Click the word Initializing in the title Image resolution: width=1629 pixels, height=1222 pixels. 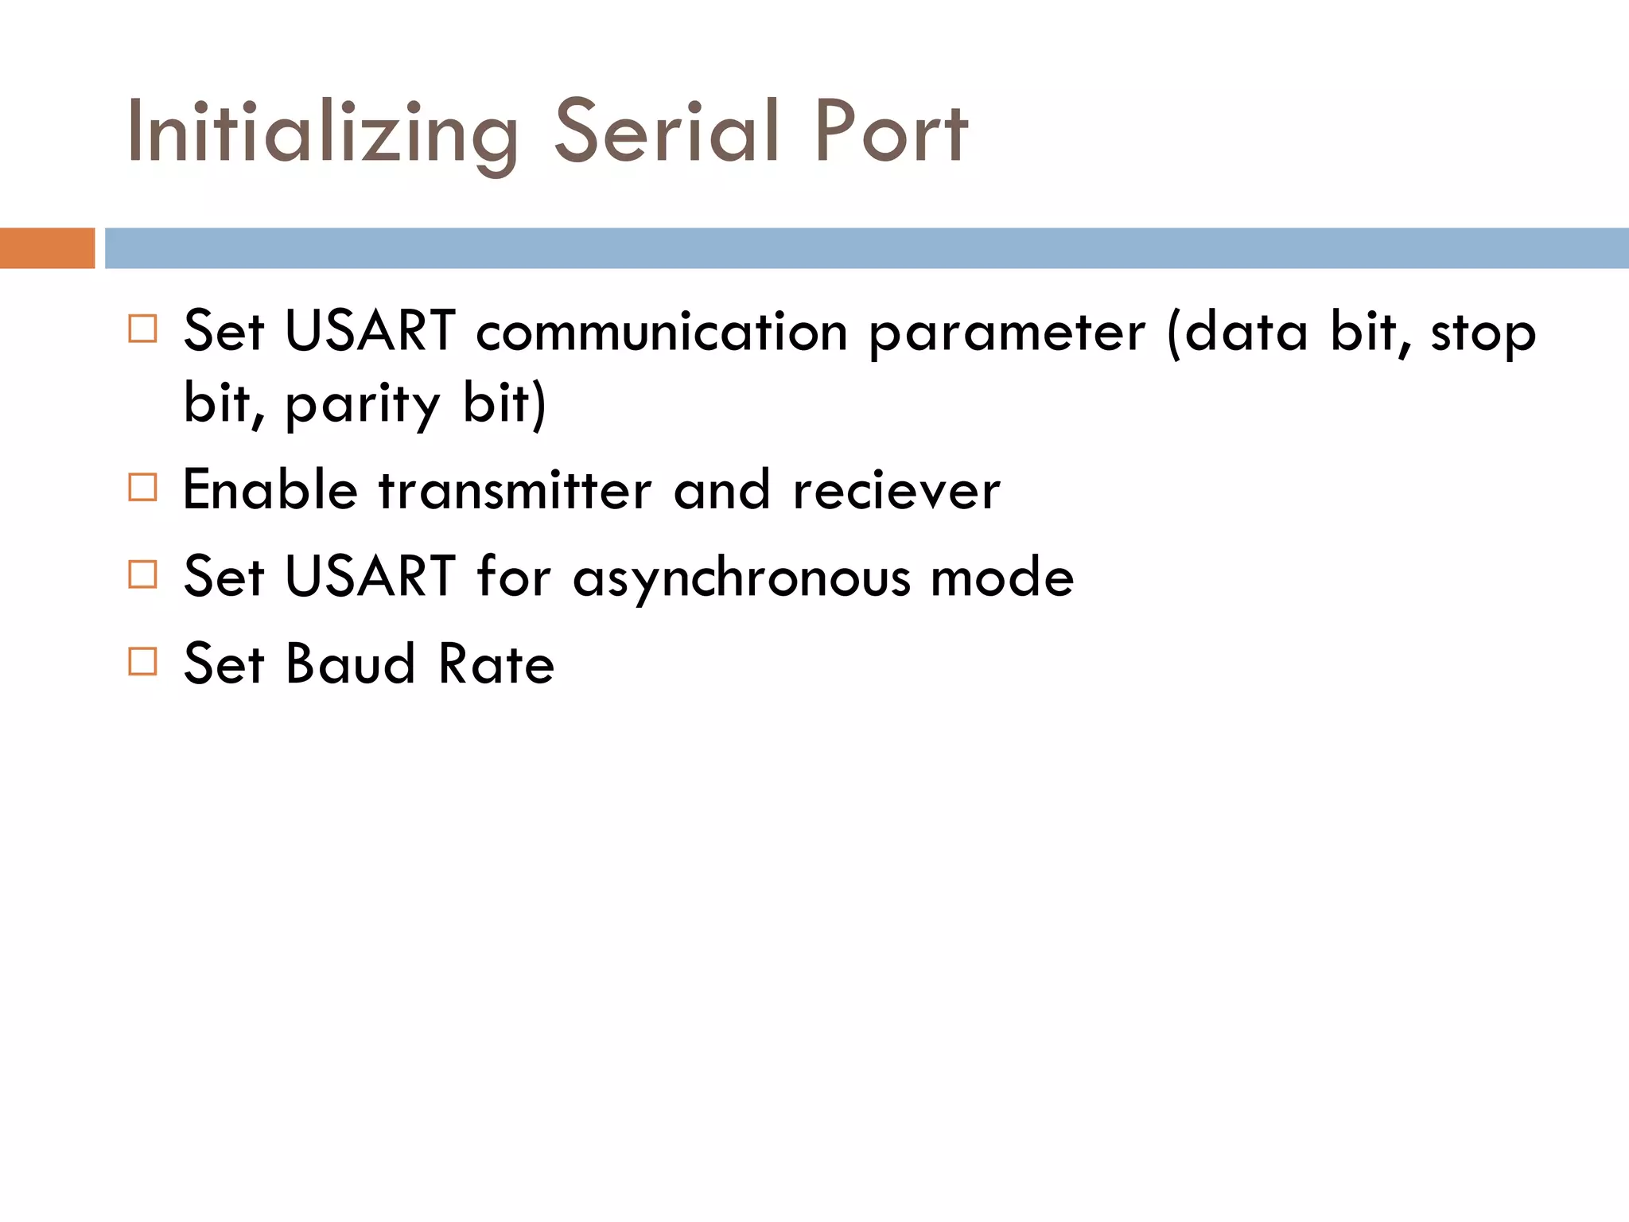coord(322,133)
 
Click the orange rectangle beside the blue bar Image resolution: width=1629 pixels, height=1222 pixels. coord(47,248)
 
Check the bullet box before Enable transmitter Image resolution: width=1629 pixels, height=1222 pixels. coord(142,487)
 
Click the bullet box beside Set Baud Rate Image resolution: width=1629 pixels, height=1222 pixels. coord(142,661)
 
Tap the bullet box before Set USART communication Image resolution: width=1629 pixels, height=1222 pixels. coord(142,329)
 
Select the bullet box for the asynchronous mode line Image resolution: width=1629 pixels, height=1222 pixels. coord(142,574)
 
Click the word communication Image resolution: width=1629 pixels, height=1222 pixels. coord(662,332)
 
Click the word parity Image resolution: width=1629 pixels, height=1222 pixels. coord(362,404)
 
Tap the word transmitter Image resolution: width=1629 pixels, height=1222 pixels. coord(515,490)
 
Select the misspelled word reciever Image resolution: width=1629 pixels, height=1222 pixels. coord(896,490)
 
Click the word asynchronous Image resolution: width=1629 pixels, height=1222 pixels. coord(741,578)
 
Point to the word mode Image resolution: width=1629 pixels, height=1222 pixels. coord(1002,577)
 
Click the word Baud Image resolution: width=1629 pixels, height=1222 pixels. coord(351,664)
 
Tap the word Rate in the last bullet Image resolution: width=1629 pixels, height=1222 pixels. coord(496,664)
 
